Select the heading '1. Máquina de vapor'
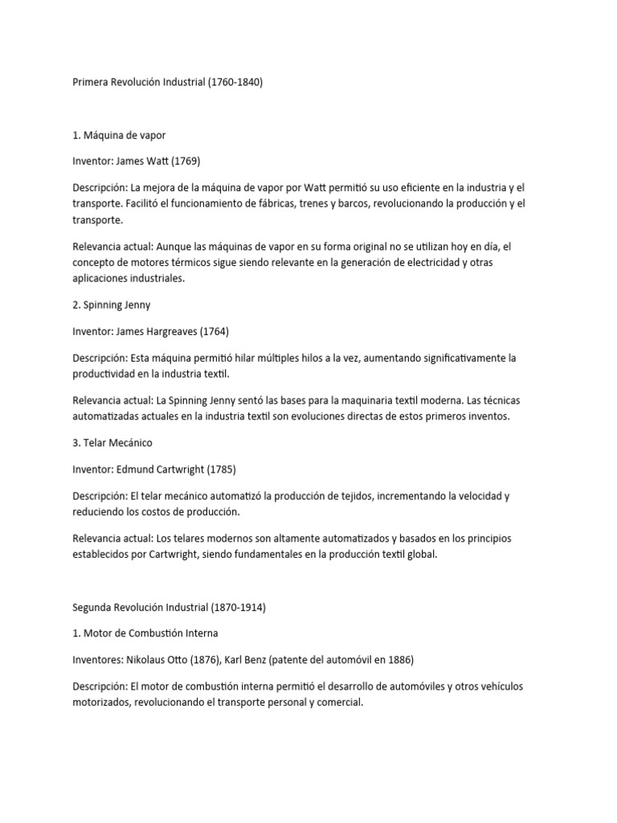pyautogui.click(x=119, y=135)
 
